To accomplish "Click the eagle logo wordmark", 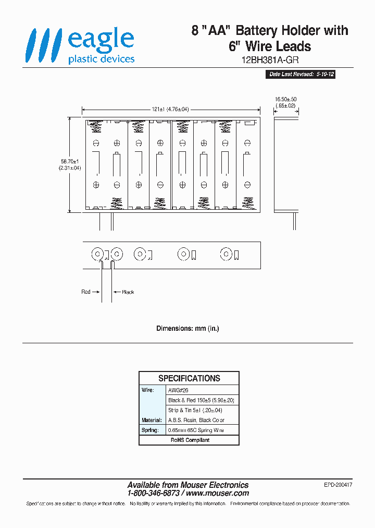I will (x=101, y=41).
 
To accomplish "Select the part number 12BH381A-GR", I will (x=270, y=60).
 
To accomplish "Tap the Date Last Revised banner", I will (x=301, y=75).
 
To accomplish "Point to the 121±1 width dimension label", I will (x=170, y=110).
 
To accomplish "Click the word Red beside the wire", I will (x=86, y=292).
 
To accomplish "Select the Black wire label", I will (x=128, y=292).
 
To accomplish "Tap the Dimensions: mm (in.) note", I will (x=187, y=329).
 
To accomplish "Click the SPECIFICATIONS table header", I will (x=189, y=378).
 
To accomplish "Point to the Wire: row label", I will (x=148, y=390).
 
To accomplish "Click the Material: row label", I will (x=151, y=420).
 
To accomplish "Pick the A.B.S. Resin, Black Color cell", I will (x=196, y=420).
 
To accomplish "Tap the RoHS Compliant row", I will (x=190, y=440).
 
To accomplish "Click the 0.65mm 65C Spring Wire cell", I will (x=196, y=430).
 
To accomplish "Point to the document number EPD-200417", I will (x=338, y=485).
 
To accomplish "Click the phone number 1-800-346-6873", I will (x=154, y=493).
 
